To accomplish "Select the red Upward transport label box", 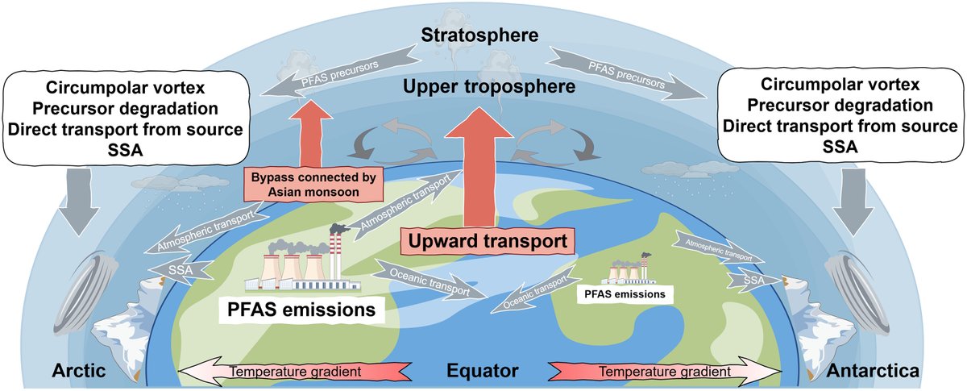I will [x=482, y=240].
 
